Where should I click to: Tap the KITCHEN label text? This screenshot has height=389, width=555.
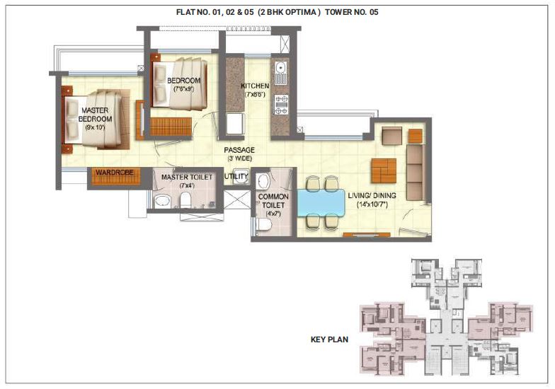tap(255, 86)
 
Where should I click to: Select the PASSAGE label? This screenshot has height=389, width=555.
tap(239, 150)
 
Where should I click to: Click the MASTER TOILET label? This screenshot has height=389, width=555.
tap(187, 178)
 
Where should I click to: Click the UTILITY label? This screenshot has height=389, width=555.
tap(236, 176)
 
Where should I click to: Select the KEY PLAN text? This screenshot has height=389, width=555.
tap(328, 339)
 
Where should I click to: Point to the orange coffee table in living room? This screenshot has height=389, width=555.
tap(384, 170)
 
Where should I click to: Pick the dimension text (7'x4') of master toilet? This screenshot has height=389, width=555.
tap(187, 185)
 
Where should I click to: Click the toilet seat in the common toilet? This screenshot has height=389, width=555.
tap(263, 225)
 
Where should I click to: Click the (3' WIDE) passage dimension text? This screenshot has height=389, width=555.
tap(239, 159)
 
